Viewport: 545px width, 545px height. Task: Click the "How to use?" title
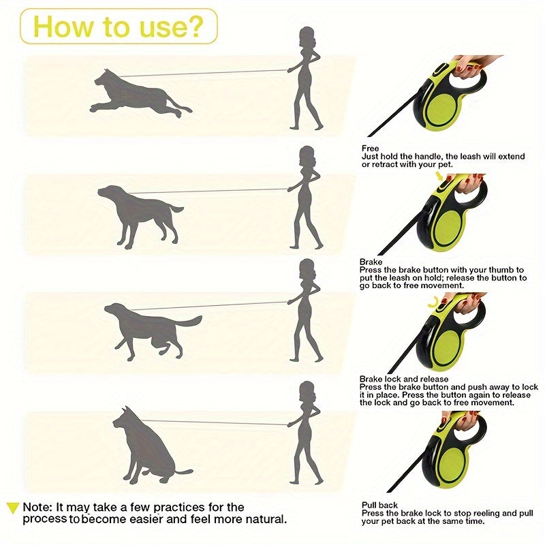[x=118, y=27]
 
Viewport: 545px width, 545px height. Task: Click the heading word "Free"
[x=370, y=149]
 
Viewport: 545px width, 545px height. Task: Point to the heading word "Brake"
[x=371, y=262]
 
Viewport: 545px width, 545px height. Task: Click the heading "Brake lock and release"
[x=404, y=379]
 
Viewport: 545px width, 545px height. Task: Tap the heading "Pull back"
[x=379, y=505]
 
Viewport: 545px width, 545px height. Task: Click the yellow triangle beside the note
[x=13, y=507]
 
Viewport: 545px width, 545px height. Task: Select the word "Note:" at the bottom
[x=37, y=507]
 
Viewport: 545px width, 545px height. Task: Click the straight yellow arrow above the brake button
[x=441, y=176]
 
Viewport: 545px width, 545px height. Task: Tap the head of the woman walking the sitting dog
[x=307, y=391]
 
